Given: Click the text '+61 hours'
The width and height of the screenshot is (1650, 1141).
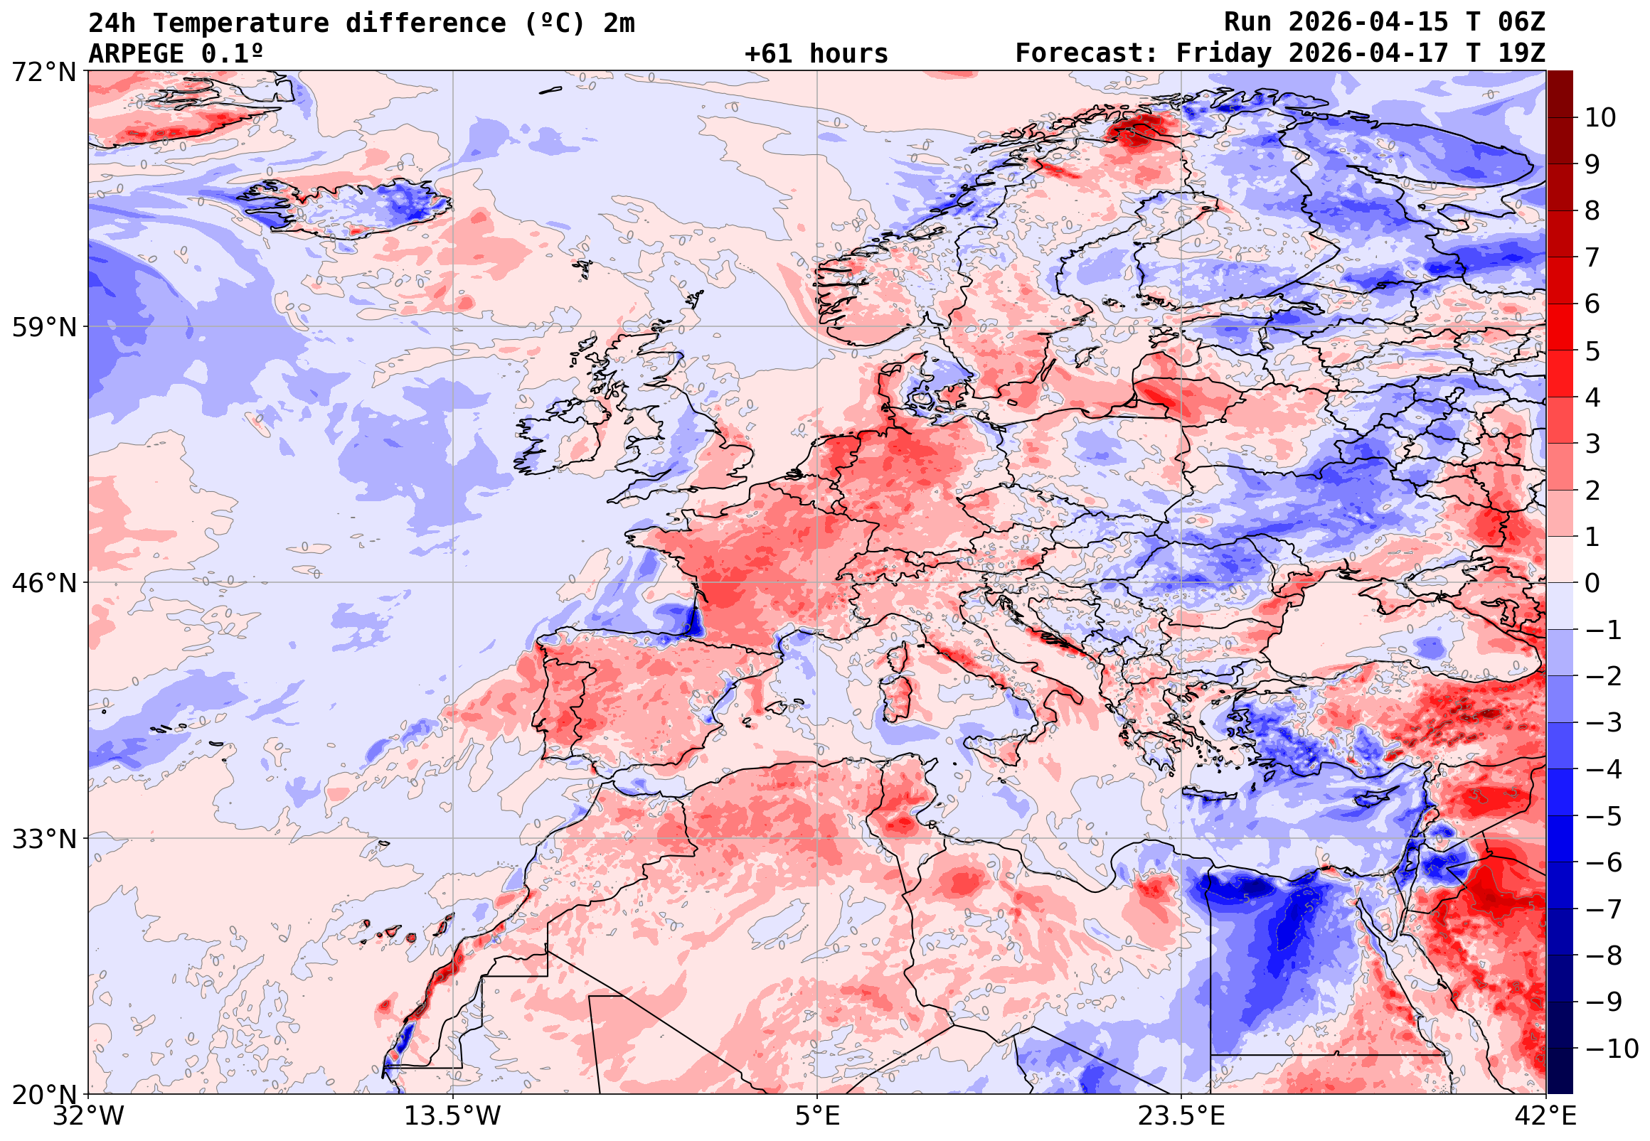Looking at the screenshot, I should point(816,54).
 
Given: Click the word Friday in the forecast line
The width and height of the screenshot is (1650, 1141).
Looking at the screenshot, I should point(1224,54).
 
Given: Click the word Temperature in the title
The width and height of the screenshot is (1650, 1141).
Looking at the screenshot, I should point(241,23).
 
